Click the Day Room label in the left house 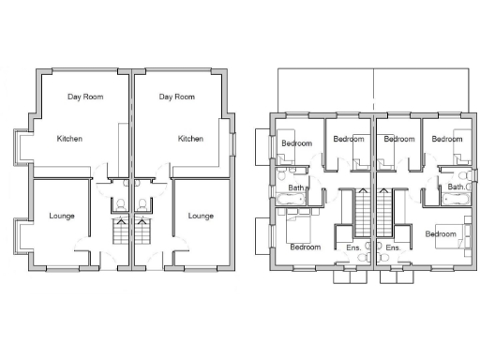[x=85, y=97]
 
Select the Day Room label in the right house [x=176, y=97]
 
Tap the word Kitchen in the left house [x=69, y=139]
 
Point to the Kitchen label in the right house [x=190, y=139]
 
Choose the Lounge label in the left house [x=62, y=216]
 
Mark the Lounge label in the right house [x=201, y=216]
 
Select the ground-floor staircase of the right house [x=142, y=231]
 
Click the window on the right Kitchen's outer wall [x=232, y=141]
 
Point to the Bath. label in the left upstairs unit [x=296, y=187]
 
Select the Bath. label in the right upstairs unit [x=455, y=187]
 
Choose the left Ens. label [x=353, y=247]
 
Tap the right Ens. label [x=393, y=247]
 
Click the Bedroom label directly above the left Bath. [x=298, y=143]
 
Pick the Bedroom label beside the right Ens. [x=439, y=232]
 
